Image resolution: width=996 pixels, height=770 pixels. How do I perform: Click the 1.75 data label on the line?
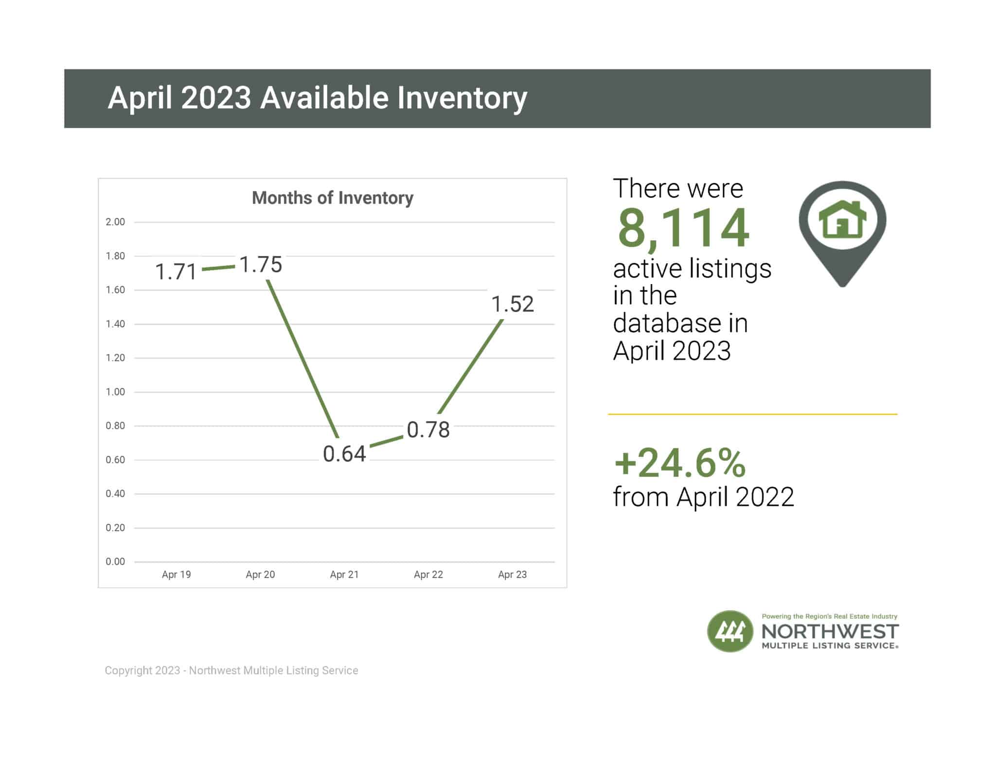[261, 265]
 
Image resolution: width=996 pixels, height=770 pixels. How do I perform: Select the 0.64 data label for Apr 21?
[344, 454]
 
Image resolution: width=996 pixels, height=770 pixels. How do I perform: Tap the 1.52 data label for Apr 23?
[513, 304]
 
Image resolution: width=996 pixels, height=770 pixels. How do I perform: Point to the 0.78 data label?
[428, 430]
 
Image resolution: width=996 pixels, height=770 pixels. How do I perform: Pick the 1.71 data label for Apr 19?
[176, 272]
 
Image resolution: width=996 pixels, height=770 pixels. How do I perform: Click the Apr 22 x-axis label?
[428, 574]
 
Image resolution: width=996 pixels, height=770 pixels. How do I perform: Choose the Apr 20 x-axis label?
[260, 574]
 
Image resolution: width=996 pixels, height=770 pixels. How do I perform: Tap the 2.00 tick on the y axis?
[115, 222]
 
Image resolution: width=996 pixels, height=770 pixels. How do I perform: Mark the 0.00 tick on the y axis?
[115, 561]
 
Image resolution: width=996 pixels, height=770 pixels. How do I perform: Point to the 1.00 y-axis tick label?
[115, 392]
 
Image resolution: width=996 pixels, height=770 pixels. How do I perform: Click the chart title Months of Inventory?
[333, 198]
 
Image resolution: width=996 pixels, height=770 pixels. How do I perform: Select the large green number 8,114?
[683, 228]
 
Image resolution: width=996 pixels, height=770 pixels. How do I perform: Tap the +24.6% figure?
[679, 463]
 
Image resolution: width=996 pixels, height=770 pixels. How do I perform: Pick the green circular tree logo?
[729, 631]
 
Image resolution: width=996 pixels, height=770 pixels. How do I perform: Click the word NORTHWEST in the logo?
[830, 631]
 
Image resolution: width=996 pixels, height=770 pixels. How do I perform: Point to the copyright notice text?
[231, 670]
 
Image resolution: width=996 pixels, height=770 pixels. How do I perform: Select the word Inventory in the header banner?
[462, 98]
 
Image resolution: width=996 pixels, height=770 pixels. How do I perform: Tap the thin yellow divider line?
[752, 414]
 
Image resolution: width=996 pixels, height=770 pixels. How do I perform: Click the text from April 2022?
[703, 497]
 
